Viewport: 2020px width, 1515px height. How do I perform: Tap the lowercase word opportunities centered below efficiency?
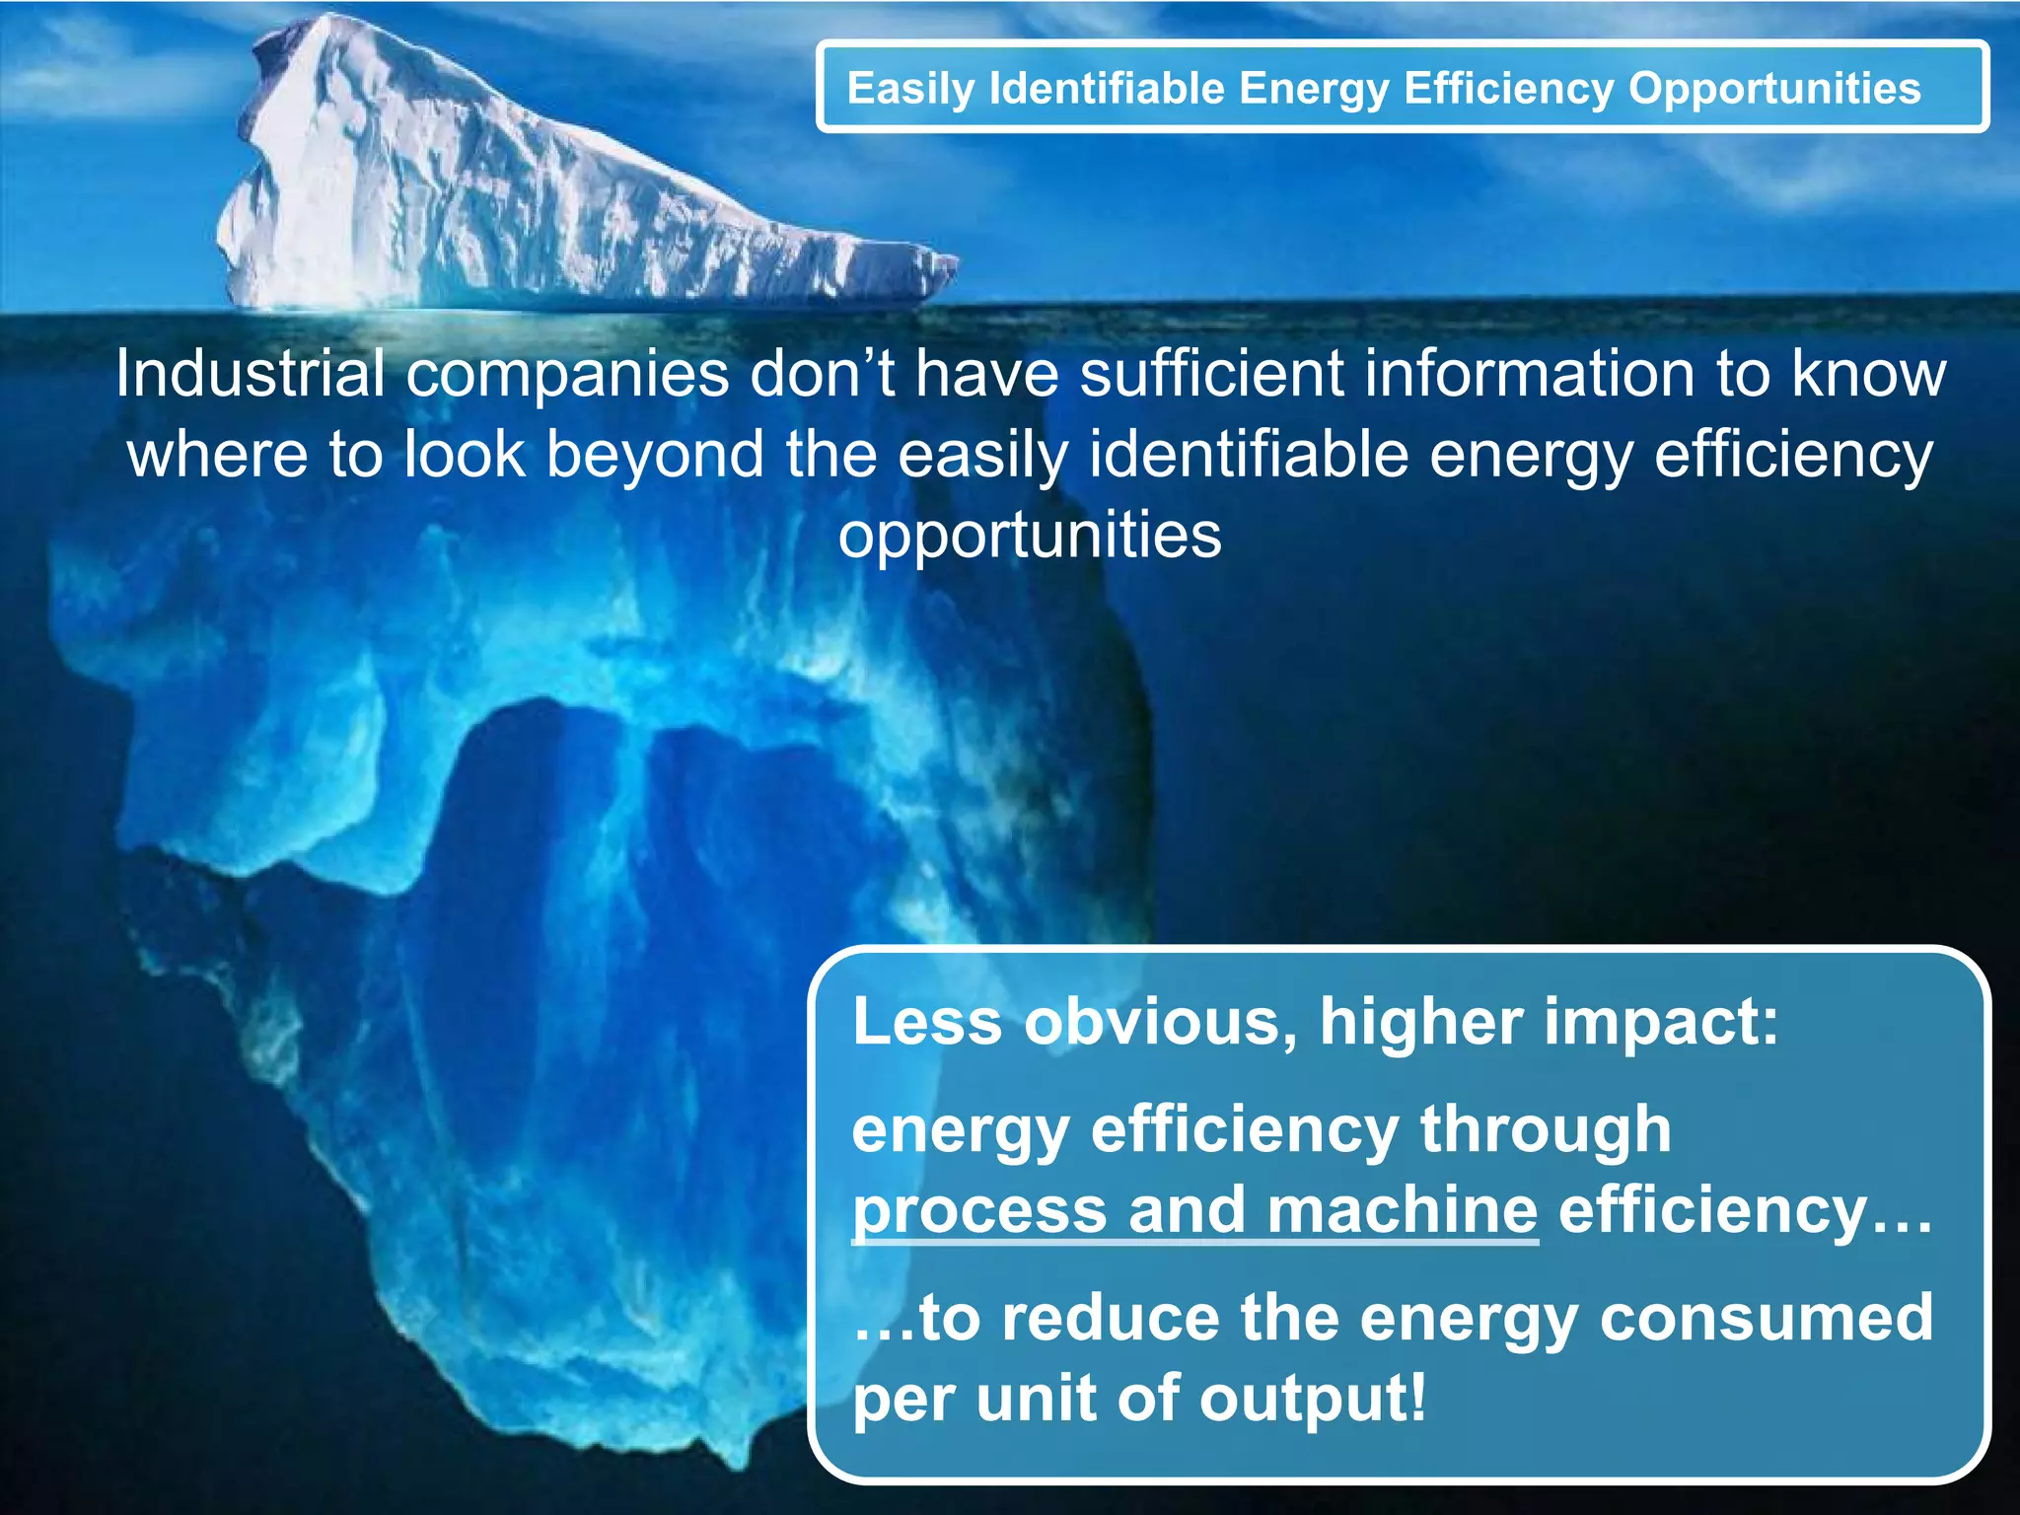click(x=1030, y=537)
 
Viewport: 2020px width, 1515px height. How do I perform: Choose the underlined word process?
click(x=979, y=1211)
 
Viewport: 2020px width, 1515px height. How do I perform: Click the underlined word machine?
click(x=1402, y=1211)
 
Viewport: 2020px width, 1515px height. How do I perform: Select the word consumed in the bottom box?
click(x=1766, y=1318)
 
